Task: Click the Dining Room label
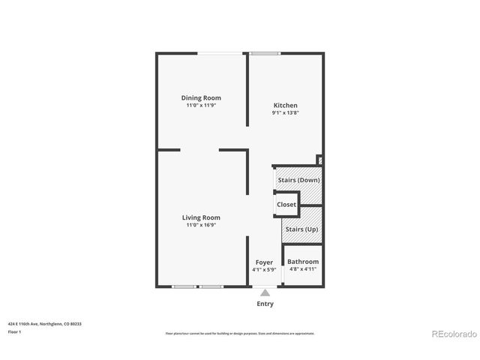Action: click(x=201, y=97)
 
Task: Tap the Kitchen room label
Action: click(x=285, y=105)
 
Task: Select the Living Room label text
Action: click(x=201, y=217)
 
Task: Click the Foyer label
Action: click(x=264, y=262)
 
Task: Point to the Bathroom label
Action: click(x=303, y=262)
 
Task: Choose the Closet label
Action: click(x=286, y=204)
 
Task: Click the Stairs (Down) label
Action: click(x=298, y=180)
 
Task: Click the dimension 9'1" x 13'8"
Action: click(x=285, y=113)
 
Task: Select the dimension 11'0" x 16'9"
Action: click(x=201, y=225)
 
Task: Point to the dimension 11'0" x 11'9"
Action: click(x=201, y=106)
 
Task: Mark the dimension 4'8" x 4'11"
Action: click(x=303, y=269)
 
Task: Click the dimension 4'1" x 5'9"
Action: click(x=264, y=269)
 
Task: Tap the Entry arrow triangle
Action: click(x=265, y=292)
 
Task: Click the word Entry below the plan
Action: click(x=265, y=304)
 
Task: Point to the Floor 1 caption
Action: click(x=14, y=331)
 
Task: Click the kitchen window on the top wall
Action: click(x=265, y=53)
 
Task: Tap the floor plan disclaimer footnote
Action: click(x=239, y=333)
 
